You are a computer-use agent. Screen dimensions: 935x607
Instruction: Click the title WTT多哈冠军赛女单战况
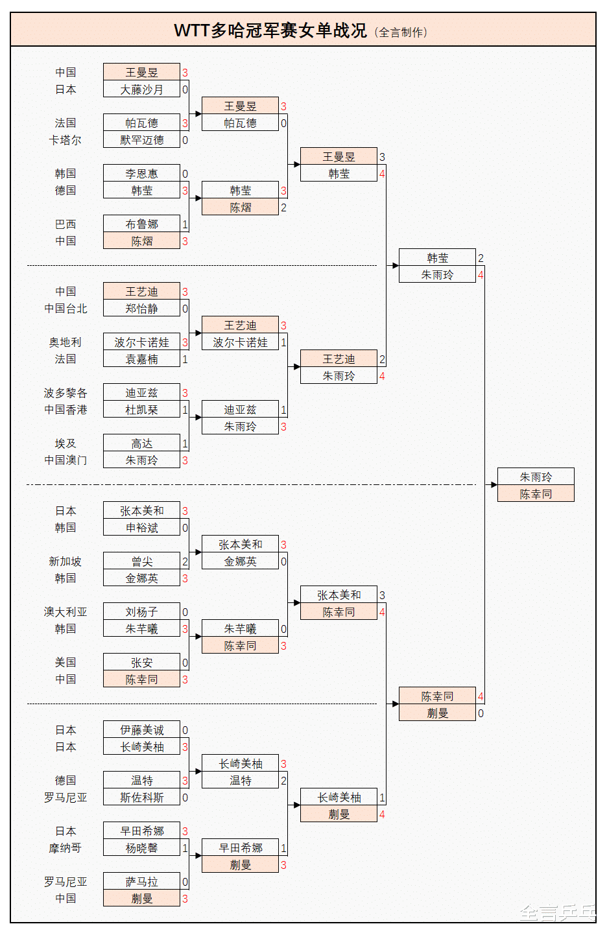point(270,30)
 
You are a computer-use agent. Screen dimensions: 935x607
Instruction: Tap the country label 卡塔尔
point(65,140)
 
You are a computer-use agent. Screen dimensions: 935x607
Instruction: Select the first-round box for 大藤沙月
point(141,89)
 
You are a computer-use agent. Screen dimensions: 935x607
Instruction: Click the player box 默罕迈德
point(141,140)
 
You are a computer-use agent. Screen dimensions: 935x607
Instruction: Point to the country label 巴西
point(65,224)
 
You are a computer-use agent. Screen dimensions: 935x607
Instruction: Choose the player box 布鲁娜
point(141,224)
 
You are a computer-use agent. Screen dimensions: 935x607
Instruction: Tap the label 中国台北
point(65,309)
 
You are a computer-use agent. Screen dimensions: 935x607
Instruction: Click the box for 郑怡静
point(141,309)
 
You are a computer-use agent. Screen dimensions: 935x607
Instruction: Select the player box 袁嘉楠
point(141,359)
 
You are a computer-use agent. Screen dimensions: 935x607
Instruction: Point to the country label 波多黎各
point(65,393)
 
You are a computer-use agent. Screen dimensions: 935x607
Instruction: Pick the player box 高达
point(141,444)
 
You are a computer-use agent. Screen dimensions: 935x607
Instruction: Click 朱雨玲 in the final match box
point(536,477)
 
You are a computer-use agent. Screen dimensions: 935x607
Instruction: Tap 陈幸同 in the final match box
point(536,494)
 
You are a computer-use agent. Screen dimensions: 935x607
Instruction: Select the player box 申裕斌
point(141,528)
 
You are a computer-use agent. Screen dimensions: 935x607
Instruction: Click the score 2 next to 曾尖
point(185,562)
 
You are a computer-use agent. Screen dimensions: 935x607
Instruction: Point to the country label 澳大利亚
point(65,612)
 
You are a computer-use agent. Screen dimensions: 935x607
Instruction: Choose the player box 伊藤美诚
point(141,730)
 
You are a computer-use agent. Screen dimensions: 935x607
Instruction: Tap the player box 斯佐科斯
point(141,798)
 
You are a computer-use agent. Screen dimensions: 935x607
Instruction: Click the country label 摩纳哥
point(65,848)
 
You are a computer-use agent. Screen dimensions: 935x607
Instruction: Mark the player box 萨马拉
point(141,882)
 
